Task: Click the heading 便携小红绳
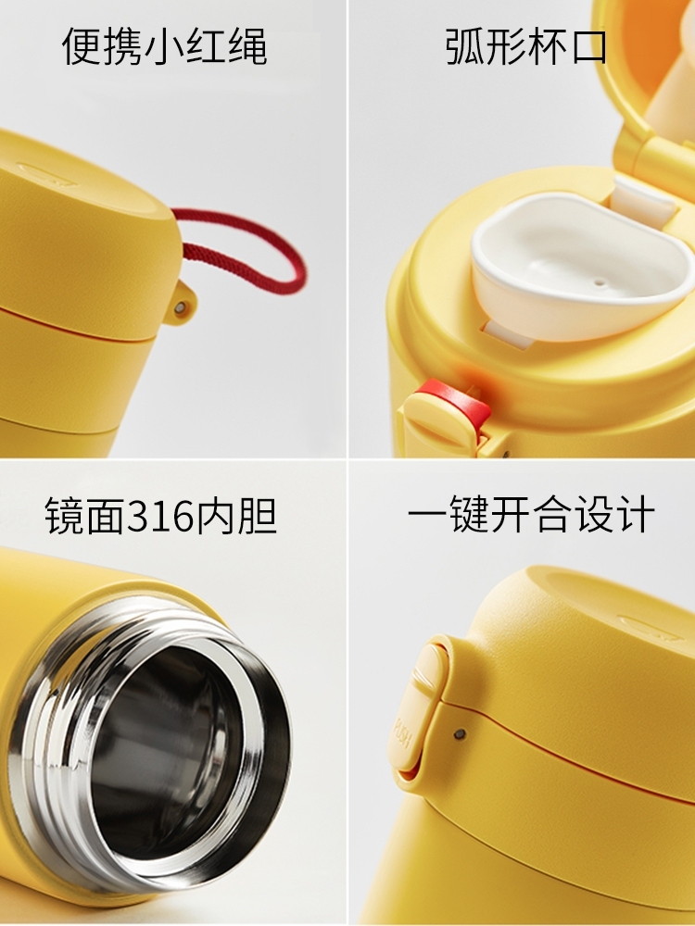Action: coord(164,46)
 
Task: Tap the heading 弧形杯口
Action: coord(526,46)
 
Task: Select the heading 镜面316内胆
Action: coord(161,516)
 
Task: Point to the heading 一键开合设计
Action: coord(531,514)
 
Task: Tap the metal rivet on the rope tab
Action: coord(182,307)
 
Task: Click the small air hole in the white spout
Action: coord(601,282)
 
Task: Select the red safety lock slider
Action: coord(455,402)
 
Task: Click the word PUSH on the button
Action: coord(403,732)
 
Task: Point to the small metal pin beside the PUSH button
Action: coord(460,734)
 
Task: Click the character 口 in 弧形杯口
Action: coord(589,46)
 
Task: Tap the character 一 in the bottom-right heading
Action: coord(425,516)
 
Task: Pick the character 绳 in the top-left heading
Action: coord(247,46)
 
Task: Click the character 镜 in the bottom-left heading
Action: coord(64,516)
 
